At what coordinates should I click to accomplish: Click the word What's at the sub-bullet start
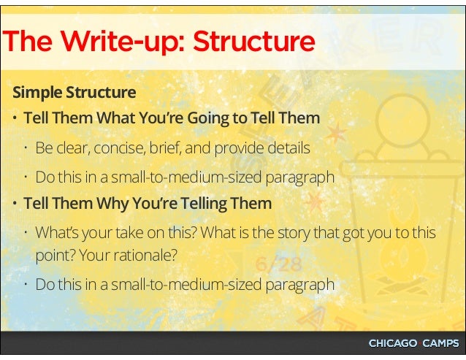coord(56,233)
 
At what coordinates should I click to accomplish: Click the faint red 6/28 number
coord(275,264)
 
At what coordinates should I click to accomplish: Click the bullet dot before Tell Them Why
coord(15,204)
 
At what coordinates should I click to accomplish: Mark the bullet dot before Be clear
coord(27,148)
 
